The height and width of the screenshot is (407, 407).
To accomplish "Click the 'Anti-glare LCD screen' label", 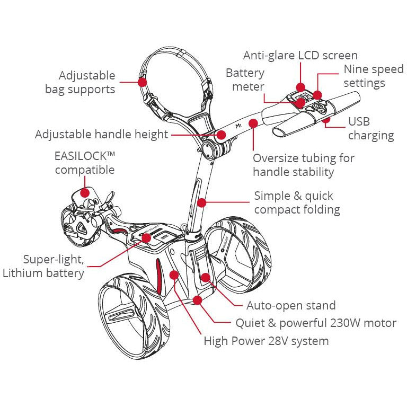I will (300, 55).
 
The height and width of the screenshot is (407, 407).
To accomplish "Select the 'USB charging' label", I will (370, 129).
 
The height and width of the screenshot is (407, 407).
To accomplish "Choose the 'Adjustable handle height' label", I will (101, 135).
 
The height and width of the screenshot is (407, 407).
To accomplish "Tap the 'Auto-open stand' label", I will (291, 305).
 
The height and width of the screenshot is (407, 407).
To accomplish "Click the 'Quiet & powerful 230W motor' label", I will (315, 323).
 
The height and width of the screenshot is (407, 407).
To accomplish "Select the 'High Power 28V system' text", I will (266, 341).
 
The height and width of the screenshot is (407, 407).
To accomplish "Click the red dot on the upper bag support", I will (141, 82).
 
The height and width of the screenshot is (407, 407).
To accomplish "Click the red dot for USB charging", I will (326, 120).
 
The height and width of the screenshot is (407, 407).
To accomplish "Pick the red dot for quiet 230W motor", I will (198, 300).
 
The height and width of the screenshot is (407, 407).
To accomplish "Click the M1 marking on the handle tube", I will (238, 127).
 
